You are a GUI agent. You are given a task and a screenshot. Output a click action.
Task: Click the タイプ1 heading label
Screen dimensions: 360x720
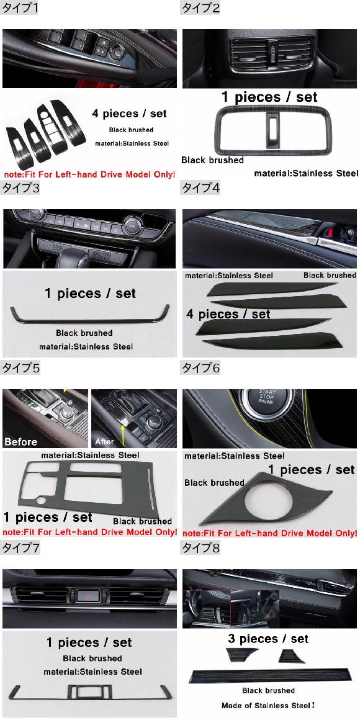(x=19, y=7)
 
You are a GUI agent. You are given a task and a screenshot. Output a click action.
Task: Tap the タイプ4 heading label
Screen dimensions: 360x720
(x=200, y=187)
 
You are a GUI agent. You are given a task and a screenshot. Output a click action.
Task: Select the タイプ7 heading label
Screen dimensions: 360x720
(x=20, y=547)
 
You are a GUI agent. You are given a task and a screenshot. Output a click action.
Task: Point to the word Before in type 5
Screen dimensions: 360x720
(x=20, y=442)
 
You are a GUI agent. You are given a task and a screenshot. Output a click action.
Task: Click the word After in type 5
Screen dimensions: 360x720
(x=104, y=442)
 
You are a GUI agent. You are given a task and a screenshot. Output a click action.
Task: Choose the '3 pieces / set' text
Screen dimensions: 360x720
(x=268, y=639)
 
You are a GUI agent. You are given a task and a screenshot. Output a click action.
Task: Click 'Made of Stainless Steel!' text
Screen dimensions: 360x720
(x=268, y=705)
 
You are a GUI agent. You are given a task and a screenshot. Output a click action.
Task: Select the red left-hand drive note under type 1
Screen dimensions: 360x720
(x=89, y=174)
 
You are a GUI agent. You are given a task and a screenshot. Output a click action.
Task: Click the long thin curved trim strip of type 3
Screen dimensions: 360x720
(x=90, y=320)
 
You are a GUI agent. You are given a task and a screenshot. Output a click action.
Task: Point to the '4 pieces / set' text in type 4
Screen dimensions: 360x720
(x=228, y=314)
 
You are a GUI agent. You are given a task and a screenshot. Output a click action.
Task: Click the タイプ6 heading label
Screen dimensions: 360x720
(x=200, y=367)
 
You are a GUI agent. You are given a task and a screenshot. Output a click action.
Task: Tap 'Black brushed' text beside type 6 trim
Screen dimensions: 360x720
(x=214, y=483)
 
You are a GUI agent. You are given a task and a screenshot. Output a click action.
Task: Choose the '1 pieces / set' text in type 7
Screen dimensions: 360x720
(x=89, y=642)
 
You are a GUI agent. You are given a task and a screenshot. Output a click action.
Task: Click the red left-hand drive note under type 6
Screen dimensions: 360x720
(x=270, y=534)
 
